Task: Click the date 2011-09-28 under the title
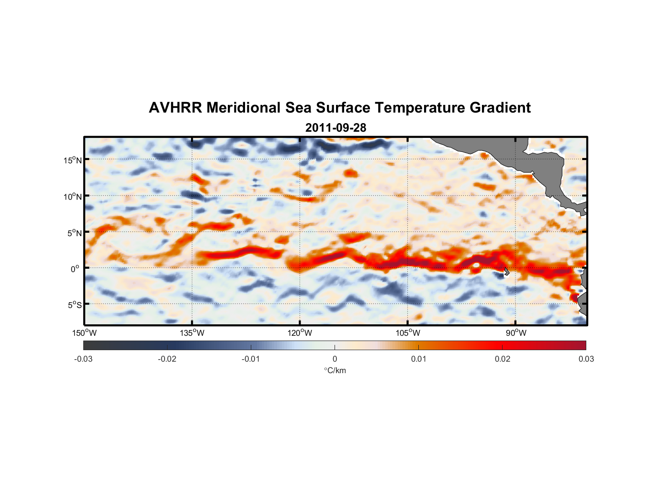(x=336, y=128)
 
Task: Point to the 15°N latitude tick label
(x=73, y=160)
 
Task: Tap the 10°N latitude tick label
(x=73, y=196)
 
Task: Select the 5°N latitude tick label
(x=74, y=233)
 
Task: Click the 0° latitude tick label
(x=75, y=269)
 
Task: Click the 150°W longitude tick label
(x=84, y=333)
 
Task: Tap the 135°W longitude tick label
(x=192, y=333)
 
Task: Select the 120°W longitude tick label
(x=300, y=333)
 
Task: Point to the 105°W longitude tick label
(x=408, y=333)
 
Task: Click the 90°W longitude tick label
(x=516, y=333)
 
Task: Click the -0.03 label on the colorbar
(x=83, y=359)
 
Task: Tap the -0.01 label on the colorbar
(x=251, y=359)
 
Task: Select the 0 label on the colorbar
(x=335, y=359)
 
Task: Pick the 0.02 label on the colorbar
(x=503, y=359)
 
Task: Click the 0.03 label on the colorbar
(x=586, y=359)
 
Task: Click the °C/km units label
(x=335, y=370)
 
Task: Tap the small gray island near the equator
(x=506, y=272)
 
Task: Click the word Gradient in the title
(x=500, y=108)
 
